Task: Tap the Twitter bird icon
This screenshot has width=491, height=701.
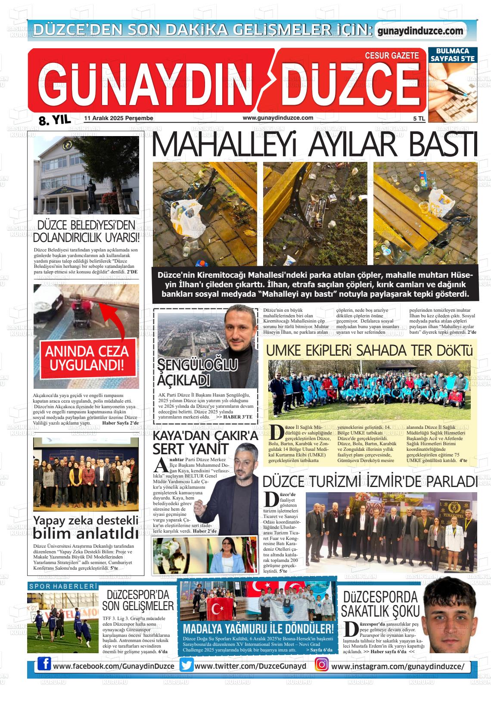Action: coord(187,665)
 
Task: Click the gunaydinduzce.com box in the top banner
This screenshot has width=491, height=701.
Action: coord(420,31)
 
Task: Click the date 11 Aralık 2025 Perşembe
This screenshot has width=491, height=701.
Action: coord(119,118)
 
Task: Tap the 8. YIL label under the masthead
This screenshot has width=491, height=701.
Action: coord(54,121)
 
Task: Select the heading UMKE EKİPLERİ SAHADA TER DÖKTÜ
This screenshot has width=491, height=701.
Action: coord(369,350)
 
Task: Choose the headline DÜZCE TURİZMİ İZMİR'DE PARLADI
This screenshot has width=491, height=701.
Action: coord(370,481)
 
